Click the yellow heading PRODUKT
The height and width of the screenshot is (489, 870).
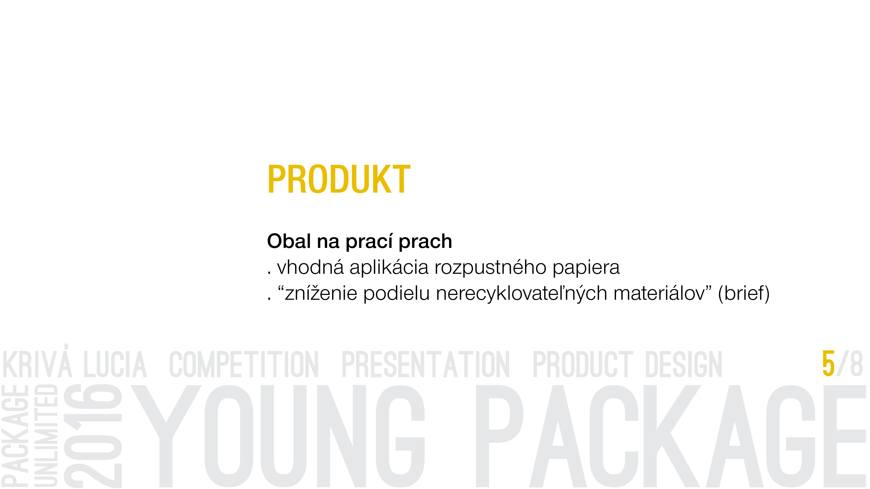[x=339, y=179]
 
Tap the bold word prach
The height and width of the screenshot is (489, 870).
[x=425, y=242]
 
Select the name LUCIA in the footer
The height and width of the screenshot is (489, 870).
[x=115, y=364]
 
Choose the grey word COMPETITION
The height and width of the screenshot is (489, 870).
[x=244, y=364]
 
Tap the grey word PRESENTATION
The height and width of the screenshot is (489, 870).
[x=426, y=364]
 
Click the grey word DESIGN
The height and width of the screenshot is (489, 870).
[x=684, y=364]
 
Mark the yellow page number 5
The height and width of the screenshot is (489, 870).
[x=828, y=364]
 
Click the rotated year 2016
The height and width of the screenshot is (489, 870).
[x=93, y=436]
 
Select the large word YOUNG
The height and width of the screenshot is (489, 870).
[x=278, y=436]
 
